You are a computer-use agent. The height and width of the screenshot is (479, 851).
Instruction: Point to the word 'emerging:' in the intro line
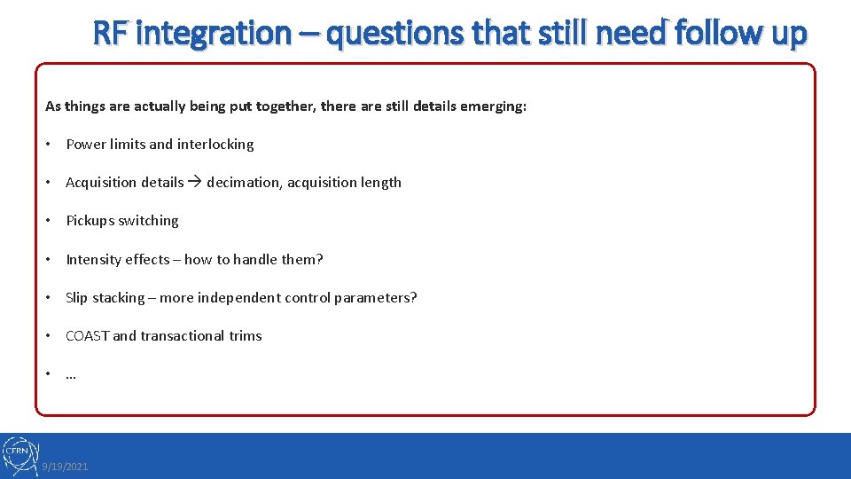pos(495,106)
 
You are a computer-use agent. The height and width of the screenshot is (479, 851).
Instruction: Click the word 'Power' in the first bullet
pos(86,145)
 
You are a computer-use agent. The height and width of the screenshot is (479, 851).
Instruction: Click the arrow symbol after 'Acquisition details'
pos(195,183)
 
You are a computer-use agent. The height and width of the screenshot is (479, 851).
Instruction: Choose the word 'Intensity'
pos(93,260)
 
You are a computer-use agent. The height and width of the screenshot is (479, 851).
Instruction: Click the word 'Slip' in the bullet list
pos(77,298)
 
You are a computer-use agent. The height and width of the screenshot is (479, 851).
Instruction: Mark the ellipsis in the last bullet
pos(71,374)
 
